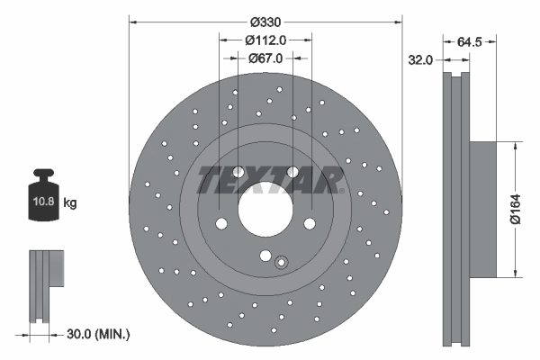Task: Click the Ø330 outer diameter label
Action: (x=265, y=22)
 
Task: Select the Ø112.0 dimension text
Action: (x=265, y=40)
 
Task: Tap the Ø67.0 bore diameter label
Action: (x=265, y=58)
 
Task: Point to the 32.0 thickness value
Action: (x=421, y=59)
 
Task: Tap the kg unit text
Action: (x=70, y=204)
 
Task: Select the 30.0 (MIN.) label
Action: (x=99, y=334)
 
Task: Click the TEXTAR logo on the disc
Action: (x=267, y=179)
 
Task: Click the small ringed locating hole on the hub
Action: (x=281, y=263)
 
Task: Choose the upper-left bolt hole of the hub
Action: (x=238, y=172)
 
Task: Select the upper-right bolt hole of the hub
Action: (x=292, y=172)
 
